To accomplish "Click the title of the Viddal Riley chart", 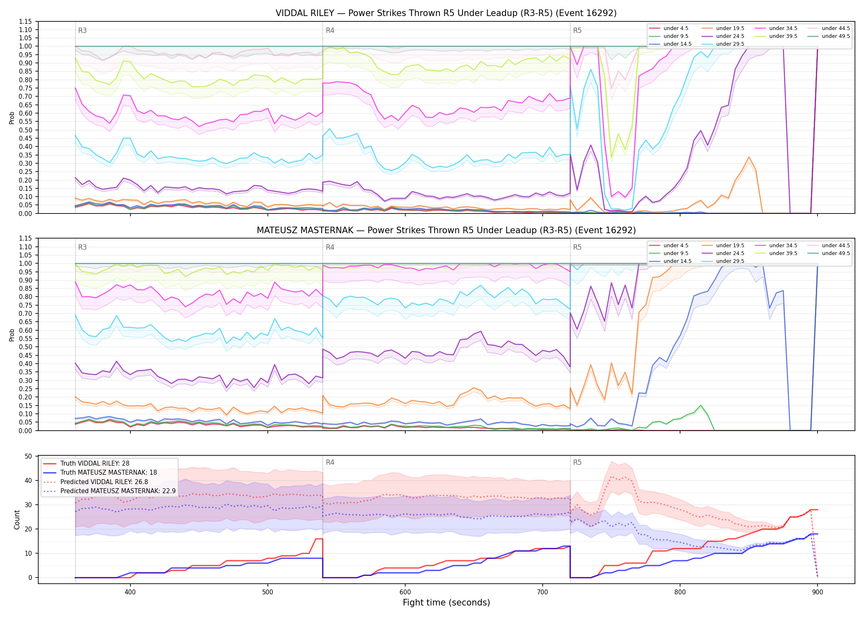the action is [x=446, y=13].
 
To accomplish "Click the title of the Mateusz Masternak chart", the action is [x=446, y=230].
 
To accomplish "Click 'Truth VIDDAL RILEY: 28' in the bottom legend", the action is [x=95, y=464].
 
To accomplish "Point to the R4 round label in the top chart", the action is [x=330, y=30].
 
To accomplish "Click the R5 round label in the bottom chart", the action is [x=577, y=462].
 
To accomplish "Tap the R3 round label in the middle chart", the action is [x=82, y=247].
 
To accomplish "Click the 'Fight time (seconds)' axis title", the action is [x=446, y=603].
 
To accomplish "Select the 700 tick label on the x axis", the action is [x=543, y=592].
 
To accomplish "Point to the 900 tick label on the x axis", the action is [x=818, y=592].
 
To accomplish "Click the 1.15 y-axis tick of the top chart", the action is [x=26, y=21].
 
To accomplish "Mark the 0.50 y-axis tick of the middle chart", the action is [x=26, y=347].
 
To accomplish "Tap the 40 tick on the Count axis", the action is [x=28, y=480].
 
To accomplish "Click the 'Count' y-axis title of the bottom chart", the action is [x=17, y=520].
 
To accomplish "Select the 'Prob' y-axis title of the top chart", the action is [x=12, y=118].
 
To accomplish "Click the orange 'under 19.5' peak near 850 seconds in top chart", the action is [x=749, y=157].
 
